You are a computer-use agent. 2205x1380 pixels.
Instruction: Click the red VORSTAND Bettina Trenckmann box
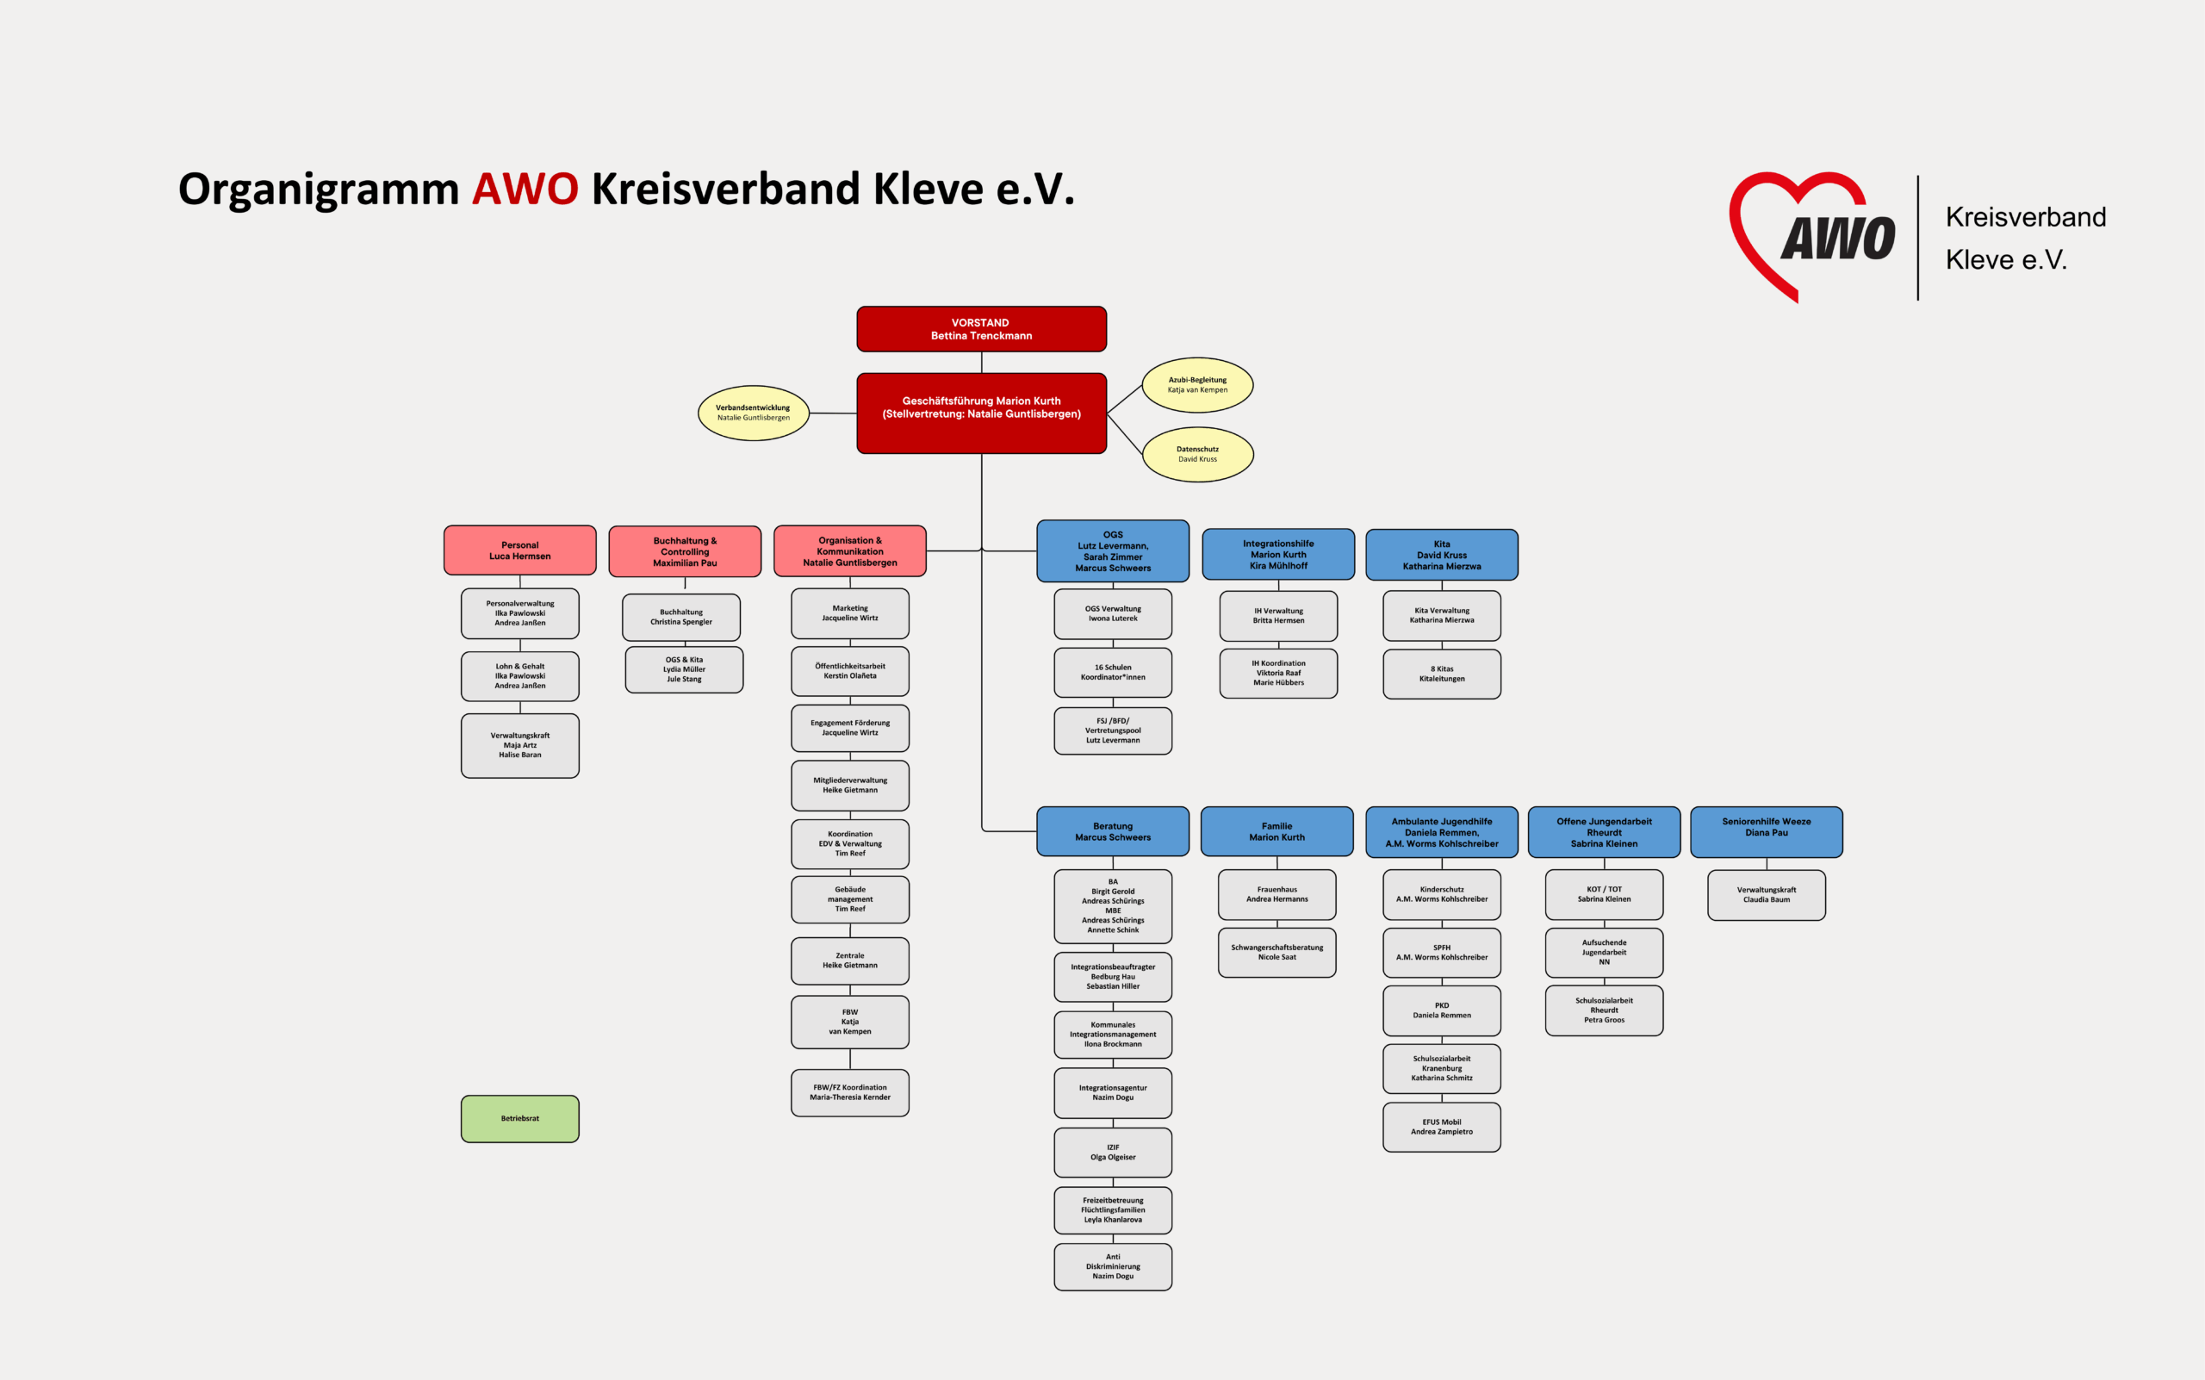coord(981,329)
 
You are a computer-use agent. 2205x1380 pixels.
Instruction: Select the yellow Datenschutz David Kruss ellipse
coord(1197,455)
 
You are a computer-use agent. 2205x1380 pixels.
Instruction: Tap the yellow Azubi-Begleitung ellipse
coord(1197,385)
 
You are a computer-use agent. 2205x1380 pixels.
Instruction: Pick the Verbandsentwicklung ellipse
coord(753,413)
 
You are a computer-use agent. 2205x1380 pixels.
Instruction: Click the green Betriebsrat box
coord(520,1119)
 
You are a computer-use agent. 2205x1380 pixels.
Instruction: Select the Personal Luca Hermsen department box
coord(520,550)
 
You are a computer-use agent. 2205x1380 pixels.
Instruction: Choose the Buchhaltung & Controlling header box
coord(685,551)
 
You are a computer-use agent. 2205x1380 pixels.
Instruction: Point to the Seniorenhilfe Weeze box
coord(1767,831)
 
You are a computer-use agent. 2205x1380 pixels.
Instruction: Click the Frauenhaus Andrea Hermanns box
coord(1276,894)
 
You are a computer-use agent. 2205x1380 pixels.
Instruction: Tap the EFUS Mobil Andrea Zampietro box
coord(1442,1128)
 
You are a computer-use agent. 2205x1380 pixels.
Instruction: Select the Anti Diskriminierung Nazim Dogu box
coord(1113,1267)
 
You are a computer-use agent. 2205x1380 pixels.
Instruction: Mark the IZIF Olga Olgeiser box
coord(1113,1153)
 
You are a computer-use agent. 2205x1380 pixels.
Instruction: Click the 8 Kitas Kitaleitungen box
coord(1442,674)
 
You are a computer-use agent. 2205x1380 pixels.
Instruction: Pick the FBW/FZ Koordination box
coord(849,1092)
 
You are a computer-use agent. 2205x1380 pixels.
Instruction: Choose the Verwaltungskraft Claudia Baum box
coord(1767,895)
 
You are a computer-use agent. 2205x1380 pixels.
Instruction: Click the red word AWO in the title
coord(525,189)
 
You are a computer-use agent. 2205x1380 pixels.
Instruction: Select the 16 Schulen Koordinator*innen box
coord(1113,673)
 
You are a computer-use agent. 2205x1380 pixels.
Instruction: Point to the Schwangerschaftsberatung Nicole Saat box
coord(1276,953)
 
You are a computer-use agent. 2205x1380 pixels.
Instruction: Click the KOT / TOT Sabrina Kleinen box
coord(1605,894)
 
